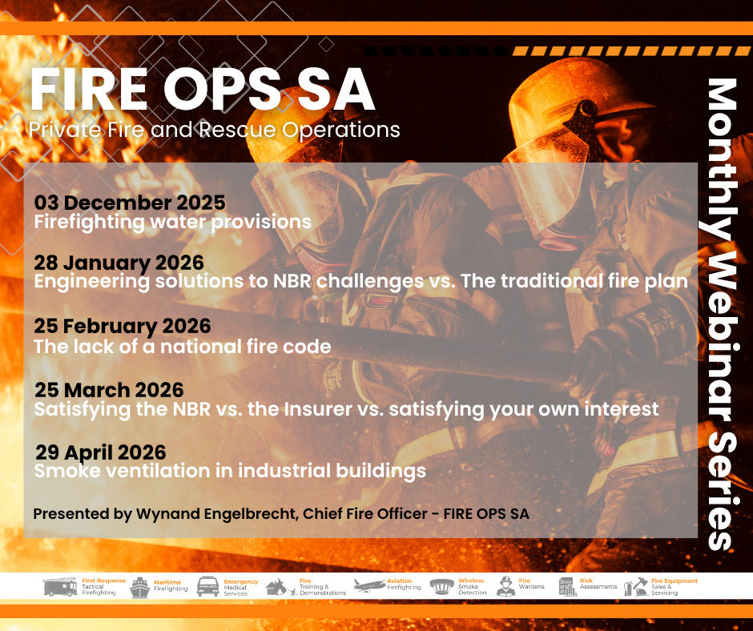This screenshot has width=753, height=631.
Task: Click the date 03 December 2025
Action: [x=130, y=203]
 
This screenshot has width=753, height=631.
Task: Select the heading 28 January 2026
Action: [x=119, y=263]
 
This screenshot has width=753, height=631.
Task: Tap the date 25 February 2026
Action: [x=123, y=327]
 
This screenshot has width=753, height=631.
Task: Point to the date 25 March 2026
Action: [x=109, y=390]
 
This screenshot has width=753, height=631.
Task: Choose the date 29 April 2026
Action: [x=101, y=452]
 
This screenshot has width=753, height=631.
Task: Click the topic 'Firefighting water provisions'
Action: [x=173, y=223]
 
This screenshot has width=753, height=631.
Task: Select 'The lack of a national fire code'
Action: [x=183, y=346]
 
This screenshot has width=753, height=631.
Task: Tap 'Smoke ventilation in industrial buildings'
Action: [x=230, y=471]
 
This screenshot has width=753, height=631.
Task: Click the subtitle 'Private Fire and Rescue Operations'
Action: [x=214, y=130]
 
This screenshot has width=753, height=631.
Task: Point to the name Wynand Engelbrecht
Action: [x=216, y=514]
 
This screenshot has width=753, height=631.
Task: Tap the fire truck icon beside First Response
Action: [x=60, y=587]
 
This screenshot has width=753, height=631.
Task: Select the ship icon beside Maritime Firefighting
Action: [x=139, y=588]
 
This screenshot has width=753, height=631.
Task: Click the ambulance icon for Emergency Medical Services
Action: [x=208, y=587]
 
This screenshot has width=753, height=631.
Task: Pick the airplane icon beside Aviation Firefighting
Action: [x=369, y=585]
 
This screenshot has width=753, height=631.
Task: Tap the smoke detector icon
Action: [x=442, y=586]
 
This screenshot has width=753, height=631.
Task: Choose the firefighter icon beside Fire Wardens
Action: [x=505, y=586]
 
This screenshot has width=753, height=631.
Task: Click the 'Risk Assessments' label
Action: [x=598, y=584]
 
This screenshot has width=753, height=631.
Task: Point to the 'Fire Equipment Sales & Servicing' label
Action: [x=674, y=587]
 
